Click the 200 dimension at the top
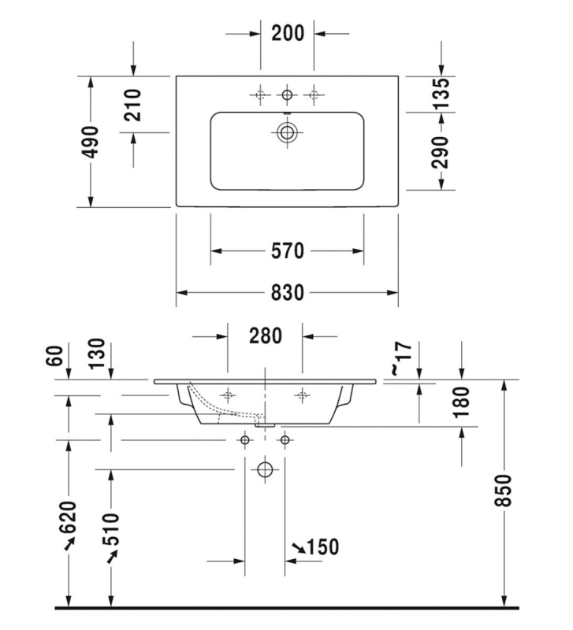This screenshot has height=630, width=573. [288, 33]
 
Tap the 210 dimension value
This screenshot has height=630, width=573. [132, 106]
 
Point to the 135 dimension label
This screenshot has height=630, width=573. [441, 94]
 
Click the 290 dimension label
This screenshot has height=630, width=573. [441, 152]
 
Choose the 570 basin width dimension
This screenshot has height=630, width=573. [287, 250]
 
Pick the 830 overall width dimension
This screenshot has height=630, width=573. [287, 292]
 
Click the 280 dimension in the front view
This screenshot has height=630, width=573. [266, 335]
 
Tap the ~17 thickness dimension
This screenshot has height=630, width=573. [401, 358]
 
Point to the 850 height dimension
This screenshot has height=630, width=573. [504, 490]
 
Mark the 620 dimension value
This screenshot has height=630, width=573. [69, 517]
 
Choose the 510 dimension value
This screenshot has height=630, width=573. [111, 528]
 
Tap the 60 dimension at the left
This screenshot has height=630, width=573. [55, 356]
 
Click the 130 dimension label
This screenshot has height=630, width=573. [97, 354]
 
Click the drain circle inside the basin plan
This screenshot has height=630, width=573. [287, 132]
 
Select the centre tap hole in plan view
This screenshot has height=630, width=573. [287, 94]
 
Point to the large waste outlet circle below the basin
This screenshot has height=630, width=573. [265, 469]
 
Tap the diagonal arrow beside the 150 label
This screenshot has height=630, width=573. [298, 547]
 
